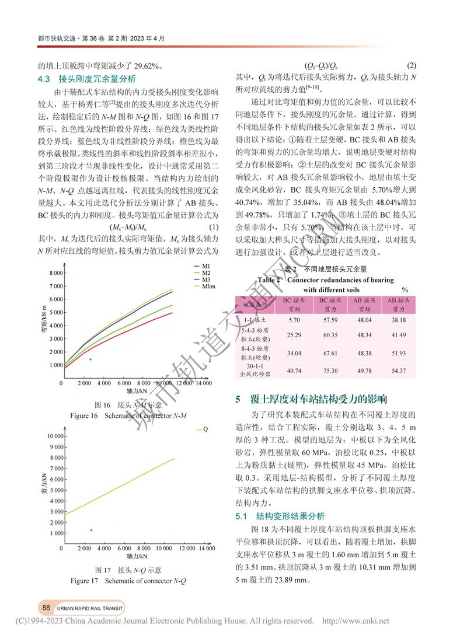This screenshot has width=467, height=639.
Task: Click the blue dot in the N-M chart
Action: [90, 359]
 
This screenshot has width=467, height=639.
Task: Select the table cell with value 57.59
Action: [330, 320]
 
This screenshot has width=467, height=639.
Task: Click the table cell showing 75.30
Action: [330, 369]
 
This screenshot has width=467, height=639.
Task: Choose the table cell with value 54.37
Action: [399, 369]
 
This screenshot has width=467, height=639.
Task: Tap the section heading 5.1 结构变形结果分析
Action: [284, 516]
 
